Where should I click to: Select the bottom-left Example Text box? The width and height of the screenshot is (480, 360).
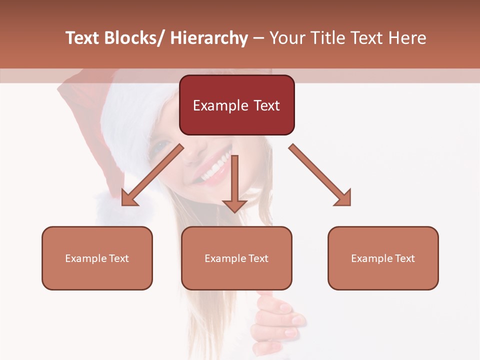[x=97, y=258]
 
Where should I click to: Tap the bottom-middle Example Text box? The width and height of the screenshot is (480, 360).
[x=236, y=258]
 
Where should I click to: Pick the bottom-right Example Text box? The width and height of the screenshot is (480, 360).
[x=383, y=258]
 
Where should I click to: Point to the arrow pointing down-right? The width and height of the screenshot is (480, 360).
[x=320, y=175]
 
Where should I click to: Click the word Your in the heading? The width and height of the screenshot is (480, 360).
[x=286, y=38]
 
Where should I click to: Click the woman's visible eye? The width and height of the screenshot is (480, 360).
[x=162, y=146]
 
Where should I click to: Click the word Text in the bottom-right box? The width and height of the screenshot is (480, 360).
[x=404, y=258]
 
